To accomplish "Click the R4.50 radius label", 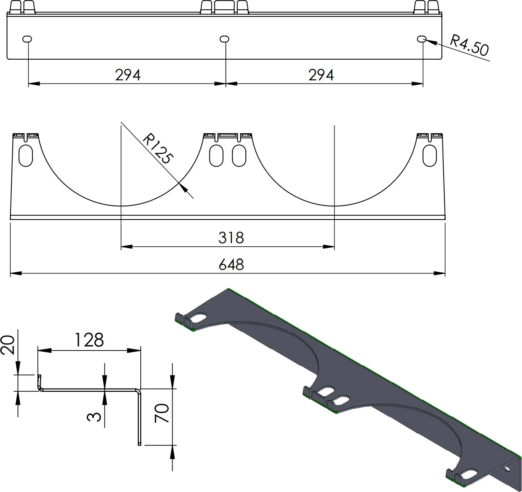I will (x=469, y=45).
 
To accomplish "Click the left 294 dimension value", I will (x=128, y=75).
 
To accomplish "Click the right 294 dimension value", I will (x=321, y=75).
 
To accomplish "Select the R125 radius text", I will (x=158, y=149).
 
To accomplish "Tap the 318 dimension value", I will (x=231, y=238).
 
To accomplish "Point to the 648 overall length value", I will (x=231, y=265).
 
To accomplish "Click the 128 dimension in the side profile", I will (x=89, y=340).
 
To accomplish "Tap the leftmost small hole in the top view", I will (x=27, y=39).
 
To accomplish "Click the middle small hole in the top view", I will (x=224, y=39).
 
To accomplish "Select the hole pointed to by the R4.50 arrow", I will (x=421, y=39).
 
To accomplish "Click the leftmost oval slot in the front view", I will (x=26, y=155).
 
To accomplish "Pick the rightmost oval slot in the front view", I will (x=430, y=155).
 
